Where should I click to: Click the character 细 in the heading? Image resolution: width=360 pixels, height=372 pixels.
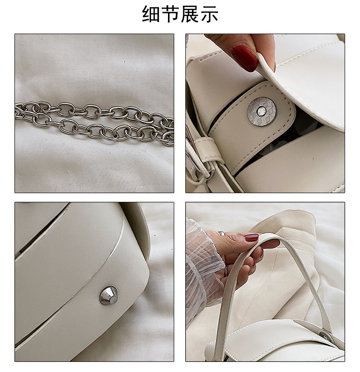tap(151, 14)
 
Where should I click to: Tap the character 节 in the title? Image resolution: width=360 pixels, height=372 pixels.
tap(170, 14)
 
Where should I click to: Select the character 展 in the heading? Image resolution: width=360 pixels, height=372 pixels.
tap(190, 14)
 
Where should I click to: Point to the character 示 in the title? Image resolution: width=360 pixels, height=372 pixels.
tap(209, 14)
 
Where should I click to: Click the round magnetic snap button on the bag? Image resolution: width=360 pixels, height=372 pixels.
tap(262, 111)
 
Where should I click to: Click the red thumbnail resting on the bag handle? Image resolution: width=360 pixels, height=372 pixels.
tap(252, 237)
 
